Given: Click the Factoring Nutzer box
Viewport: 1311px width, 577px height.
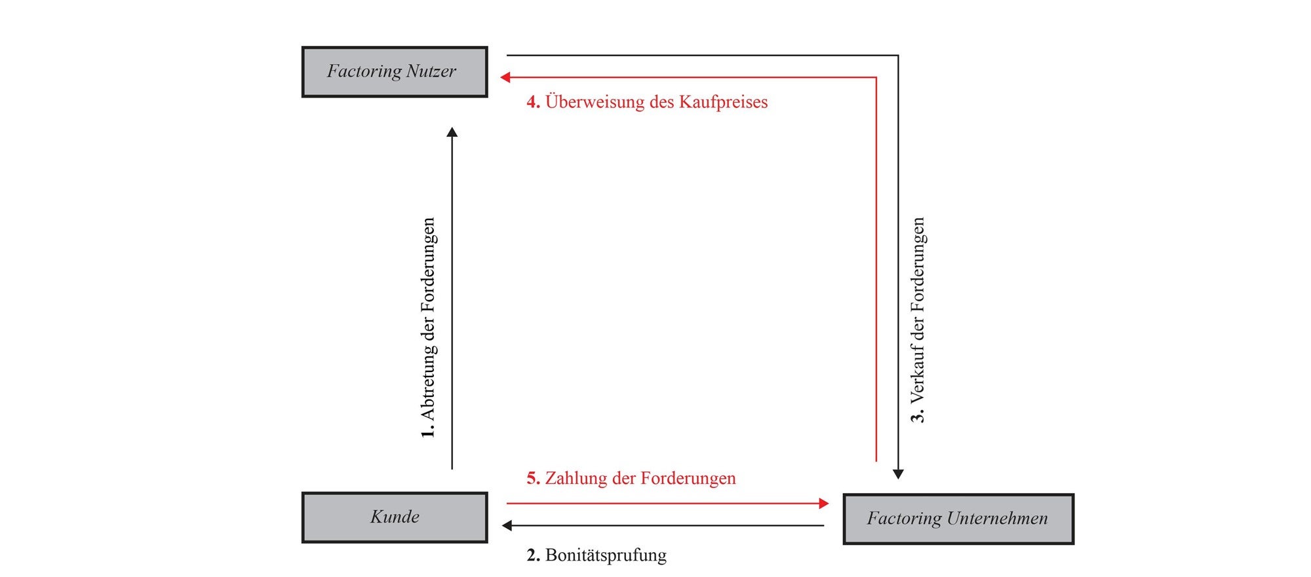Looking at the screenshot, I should coord(394,72).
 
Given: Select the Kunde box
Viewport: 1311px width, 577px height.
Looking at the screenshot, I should coord(394,517).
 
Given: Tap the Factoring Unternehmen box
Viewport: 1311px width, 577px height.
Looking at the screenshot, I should coord(958,519).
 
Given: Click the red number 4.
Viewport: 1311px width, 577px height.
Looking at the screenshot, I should coord(533,102).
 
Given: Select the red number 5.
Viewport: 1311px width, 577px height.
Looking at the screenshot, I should coord(533,479).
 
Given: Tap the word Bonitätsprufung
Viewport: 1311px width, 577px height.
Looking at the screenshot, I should coord(606,555).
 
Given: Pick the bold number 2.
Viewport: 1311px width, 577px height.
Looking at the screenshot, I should coord(533,555).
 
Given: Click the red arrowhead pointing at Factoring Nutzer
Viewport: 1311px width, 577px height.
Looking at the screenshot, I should coord(505,77).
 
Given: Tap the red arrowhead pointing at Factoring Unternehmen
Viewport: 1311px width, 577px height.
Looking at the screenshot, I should coord(824,504).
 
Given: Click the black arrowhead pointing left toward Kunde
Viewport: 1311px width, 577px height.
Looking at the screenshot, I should coord(507,525).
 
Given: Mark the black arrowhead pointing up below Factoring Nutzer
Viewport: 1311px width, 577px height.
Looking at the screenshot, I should coord(452,132).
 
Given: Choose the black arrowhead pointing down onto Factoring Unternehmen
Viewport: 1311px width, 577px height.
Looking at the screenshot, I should coord(898,474).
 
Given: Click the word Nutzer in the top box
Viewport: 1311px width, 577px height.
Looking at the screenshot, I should coord(431,71).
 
